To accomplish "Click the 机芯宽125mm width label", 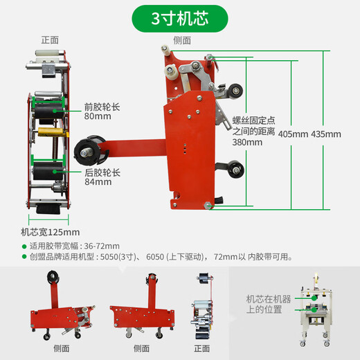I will [51, 232].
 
